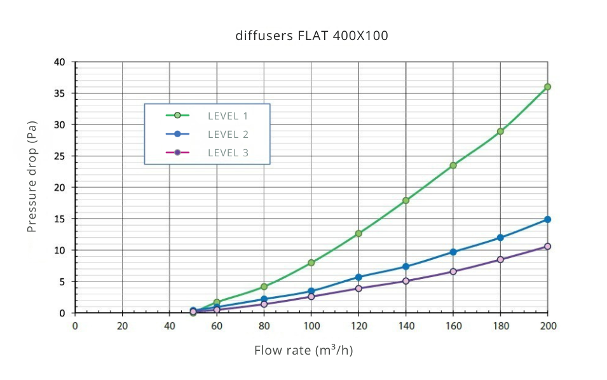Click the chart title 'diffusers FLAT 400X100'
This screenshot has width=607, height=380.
(x=311, y=36)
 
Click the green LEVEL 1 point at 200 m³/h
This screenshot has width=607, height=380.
(x=547, y=86)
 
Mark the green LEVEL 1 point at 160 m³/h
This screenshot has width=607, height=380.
(x=453, y=165)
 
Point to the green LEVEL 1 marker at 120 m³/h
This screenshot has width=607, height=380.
(x=358, y=233)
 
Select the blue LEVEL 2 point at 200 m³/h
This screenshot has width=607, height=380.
(x=547, y=219)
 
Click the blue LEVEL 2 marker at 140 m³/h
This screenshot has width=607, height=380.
(x=406, y=267)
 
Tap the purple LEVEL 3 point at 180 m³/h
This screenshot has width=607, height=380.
(x=500, y=259)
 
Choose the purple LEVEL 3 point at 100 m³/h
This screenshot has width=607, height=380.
(x=311, y=297)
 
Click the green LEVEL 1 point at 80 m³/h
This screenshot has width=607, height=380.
(x=264, y=287)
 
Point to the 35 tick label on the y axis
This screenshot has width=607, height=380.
(x=60, y=93)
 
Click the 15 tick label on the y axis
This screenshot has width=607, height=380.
(x=60, y=219)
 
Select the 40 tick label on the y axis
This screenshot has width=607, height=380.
(x=60, y=62)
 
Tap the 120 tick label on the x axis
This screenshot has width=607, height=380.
(x=358, y=326)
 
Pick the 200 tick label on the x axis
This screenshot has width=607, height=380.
(x=547, y=326)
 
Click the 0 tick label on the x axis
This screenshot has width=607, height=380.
(x=75, y=326)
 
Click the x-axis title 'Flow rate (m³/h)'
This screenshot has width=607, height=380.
(x=303, y=350)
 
